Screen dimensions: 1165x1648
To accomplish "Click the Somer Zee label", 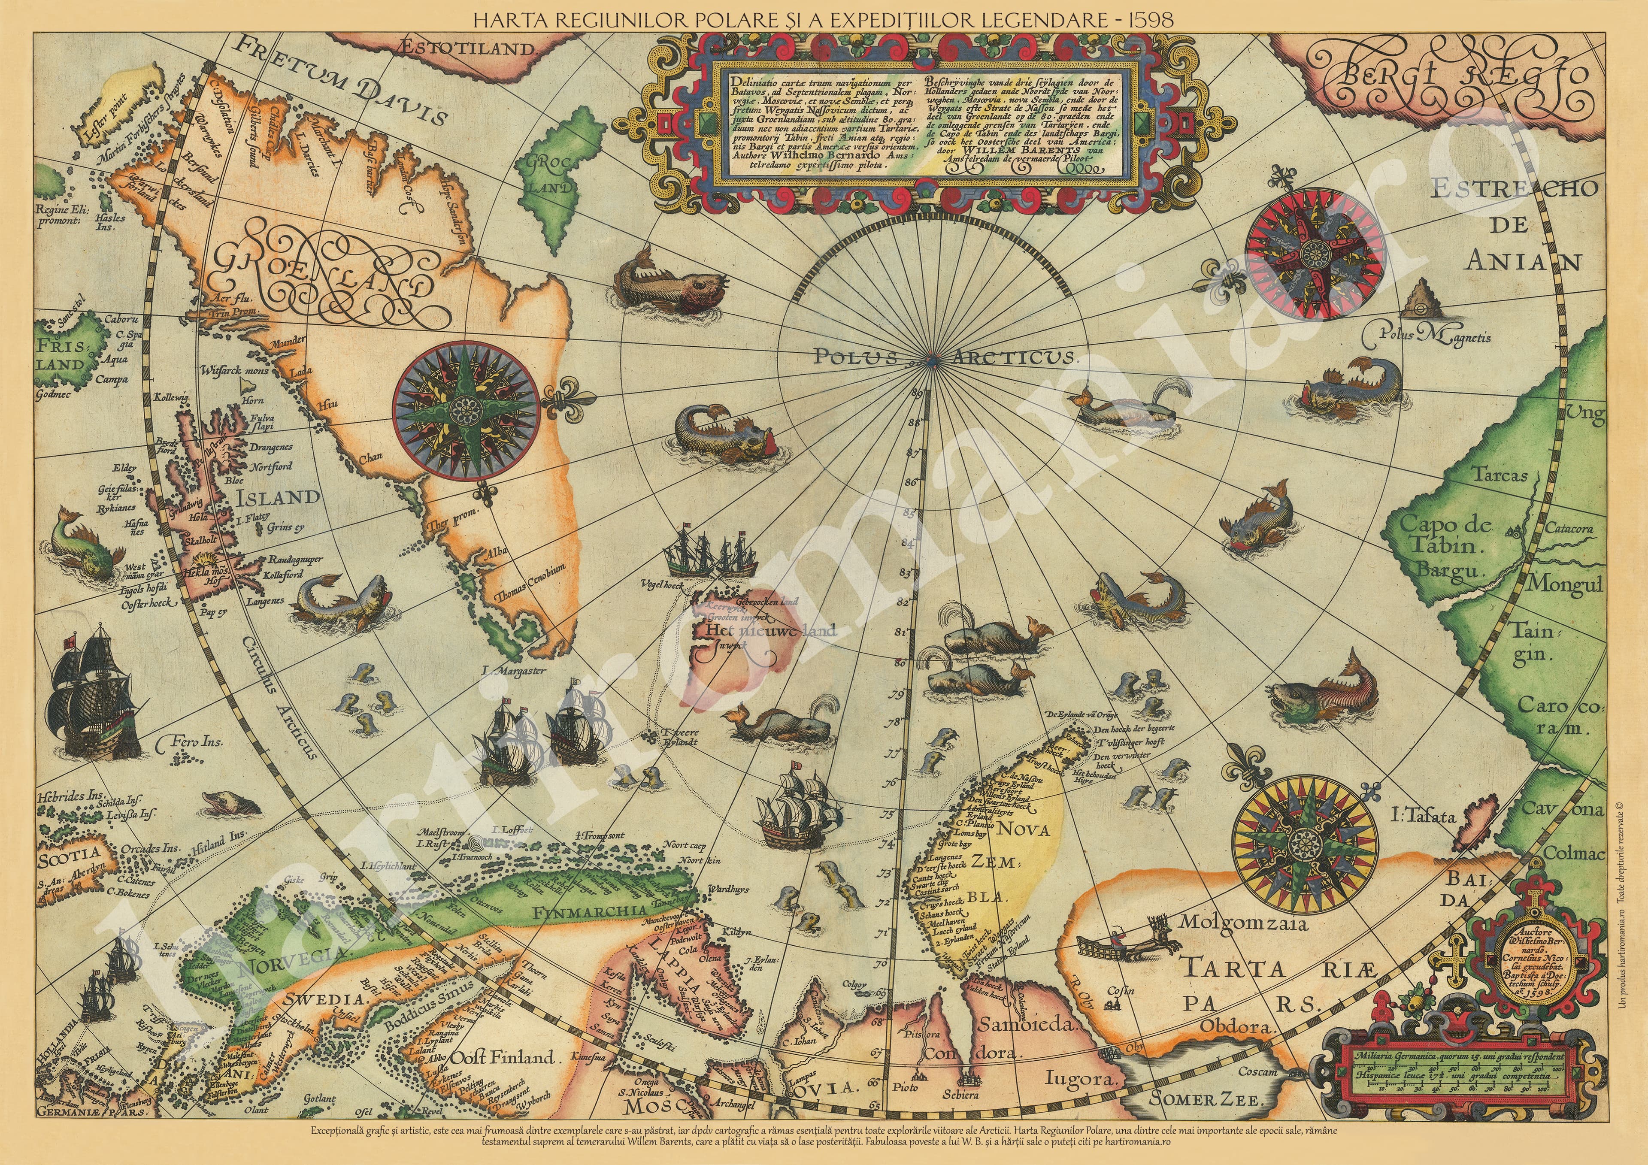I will tap(1209, 1118).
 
